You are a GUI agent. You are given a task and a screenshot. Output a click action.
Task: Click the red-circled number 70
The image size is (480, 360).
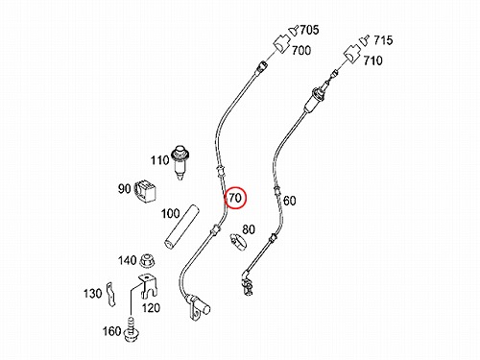tap(235, 198)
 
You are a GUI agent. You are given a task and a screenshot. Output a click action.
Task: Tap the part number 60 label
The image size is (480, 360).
tap(290, 201)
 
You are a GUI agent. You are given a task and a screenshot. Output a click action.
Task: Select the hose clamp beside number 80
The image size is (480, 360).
tap(238, 242)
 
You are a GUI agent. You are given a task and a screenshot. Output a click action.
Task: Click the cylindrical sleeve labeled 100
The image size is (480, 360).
tap(181, 227)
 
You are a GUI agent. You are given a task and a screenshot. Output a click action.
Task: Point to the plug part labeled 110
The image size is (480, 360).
tap(180, 161)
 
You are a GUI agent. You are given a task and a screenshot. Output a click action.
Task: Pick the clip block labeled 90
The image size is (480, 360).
tap(145, 192)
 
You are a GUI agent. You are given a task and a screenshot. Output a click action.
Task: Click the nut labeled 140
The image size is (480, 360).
tap(148, 260)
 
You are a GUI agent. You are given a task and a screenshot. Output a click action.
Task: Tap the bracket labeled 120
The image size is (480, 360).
tap(148, 286)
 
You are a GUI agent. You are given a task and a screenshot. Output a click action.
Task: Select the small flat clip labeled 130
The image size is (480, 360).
tap(110, 294)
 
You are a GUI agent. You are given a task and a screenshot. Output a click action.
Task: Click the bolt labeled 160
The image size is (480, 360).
tap(132, 330)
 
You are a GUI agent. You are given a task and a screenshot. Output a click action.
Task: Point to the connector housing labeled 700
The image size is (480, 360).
tap(281, 44)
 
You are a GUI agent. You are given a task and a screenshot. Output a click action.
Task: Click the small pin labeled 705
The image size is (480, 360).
tap(294, 31)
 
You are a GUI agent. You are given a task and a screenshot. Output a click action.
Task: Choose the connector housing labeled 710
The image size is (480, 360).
tap(352, 54)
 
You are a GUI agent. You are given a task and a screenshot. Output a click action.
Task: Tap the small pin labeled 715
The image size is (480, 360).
tap(364, 39)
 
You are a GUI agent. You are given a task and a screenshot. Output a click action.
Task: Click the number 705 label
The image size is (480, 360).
tap(309, 30)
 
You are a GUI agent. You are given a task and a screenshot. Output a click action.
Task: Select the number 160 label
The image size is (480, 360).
tap(111, 331)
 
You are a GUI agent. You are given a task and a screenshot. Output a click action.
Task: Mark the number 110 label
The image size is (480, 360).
tap(159, 159)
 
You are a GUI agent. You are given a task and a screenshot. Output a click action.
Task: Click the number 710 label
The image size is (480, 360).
tap(372, 60)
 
